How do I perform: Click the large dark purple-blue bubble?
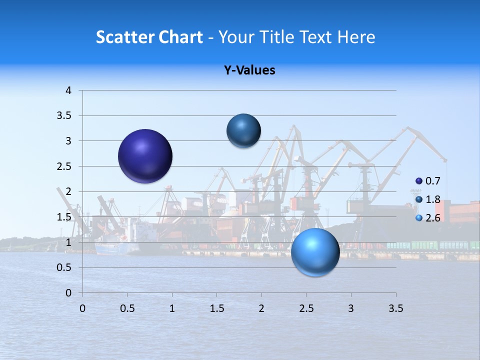(x=145, y=156)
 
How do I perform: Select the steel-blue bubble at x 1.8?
(x=243, y=131)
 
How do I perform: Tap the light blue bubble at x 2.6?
(x=315, y=252)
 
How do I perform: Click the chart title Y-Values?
(x=249, y=70)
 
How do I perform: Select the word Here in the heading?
(x=355, y=37)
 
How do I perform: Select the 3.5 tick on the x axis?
(x=395, y=308)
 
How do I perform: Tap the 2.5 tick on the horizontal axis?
(x=306, y=308)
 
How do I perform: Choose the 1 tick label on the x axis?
(x=172, y=308)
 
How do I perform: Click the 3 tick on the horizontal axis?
(x=351, y=308)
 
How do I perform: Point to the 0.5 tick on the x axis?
(x=127, y=308)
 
